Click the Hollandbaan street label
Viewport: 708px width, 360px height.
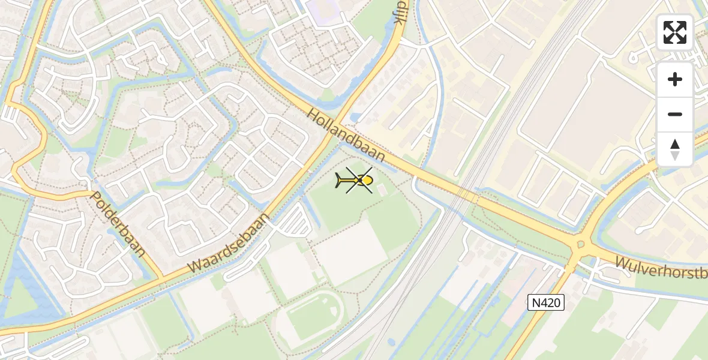point(347,134)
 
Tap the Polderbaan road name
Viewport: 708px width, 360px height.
point(118,224)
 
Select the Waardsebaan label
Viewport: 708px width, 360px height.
point(229,240)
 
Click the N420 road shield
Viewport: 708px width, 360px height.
point(547,303)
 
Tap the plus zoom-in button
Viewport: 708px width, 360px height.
point(675,79)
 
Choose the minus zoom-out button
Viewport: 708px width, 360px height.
point(675,114)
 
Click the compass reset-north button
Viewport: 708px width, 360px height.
point(675,149)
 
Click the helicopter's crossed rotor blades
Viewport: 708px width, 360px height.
point(359,180)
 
